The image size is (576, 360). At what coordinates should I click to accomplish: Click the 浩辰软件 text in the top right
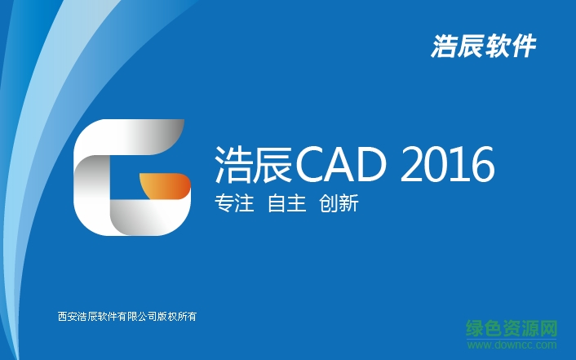click(x=483, y=47)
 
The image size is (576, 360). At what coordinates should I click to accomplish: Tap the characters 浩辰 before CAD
click(x=252, y=166)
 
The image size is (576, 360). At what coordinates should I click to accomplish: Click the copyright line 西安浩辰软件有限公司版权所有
click(x=128, y=317)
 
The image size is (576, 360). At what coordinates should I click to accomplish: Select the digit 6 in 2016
click(x=481, y=166)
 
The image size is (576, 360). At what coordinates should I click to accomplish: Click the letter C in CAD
click(x=312, y=166)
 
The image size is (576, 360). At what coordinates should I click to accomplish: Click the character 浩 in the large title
click(x=232, y=166)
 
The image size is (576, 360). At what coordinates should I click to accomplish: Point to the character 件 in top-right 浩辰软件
click(x=523, y=47)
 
